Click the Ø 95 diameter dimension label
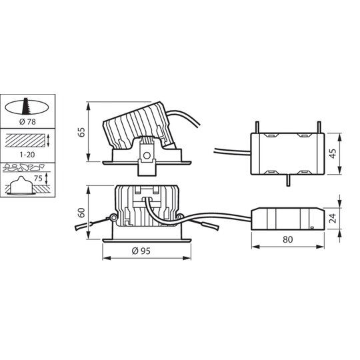[141, 251]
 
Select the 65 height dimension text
[81, 132]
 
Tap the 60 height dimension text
[81, 213]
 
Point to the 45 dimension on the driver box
[333, 153]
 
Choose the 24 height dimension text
[333, 218]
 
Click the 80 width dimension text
[288, 239]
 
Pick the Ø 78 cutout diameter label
[27, 122]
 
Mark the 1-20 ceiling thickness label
[27, 155]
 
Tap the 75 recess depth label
[38, 178]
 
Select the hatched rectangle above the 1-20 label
[25, 141]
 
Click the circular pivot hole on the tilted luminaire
[147, 156]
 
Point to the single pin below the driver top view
[289, 181]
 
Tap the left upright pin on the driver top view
[257, 127]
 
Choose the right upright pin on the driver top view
[319, 127]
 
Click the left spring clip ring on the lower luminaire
[113, 217]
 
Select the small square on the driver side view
[312, 228]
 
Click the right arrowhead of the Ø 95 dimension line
[187, 258]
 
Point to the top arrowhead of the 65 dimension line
[89, 105]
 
